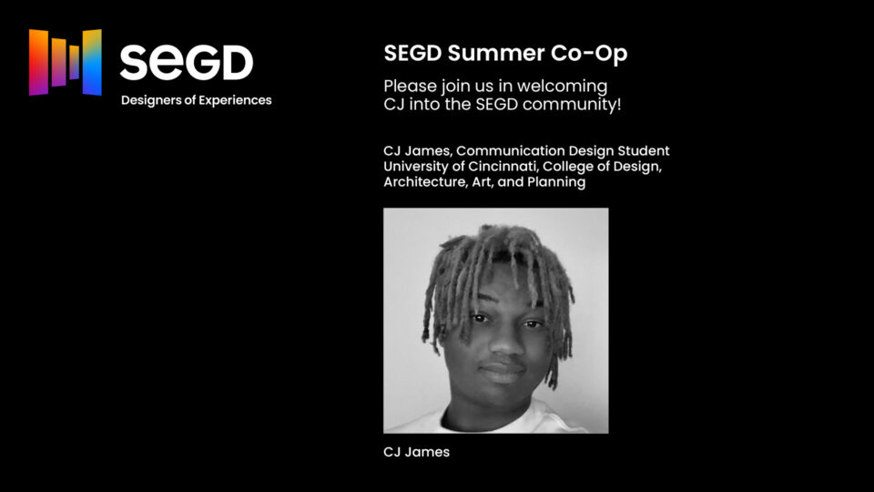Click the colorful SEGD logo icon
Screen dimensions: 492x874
pos(65,62)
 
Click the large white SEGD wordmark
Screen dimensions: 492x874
pos(187,63)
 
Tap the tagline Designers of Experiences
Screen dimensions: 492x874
pos(196,100)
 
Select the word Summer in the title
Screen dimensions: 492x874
pos(498,54)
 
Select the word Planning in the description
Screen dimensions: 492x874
pos(556,182)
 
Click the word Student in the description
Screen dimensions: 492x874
pos(645,150)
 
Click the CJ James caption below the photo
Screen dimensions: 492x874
pos(416,452)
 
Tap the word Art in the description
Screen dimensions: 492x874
pos(483,182)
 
